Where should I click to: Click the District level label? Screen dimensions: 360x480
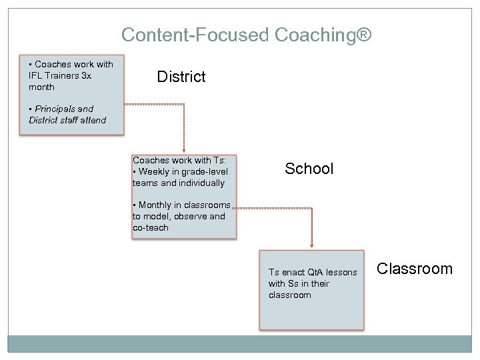tap(181, 77)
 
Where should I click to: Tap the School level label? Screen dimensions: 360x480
tap(309, 169)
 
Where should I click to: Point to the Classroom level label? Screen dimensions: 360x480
tap(414, 269)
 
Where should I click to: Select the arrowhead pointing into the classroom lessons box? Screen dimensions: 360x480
tap(311, 246)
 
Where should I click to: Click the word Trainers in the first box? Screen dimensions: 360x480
tap(62, 75)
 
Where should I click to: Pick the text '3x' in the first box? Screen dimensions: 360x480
tap(86, 75)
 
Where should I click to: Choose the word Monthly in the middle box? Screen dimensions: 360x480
tap(155, 205)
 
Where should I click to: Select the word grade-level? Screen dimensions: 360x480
tap(205, 171)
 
